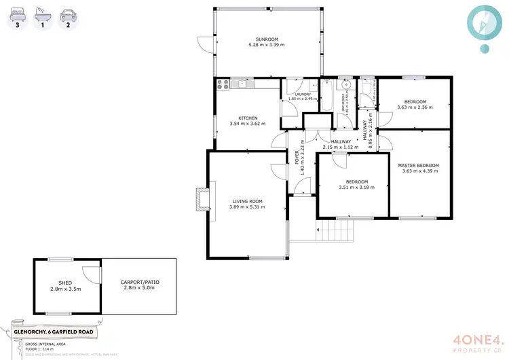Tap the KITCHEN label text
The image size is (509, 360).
247,118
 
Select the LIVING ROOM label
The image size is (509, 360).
247,201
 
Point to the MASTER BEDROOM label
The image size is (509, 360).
419,165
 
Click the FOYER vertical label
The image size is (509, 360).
297,158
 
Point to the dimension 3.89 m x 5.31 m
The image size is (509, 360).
247,207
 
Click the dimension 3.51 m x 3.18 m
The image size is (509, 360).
356,187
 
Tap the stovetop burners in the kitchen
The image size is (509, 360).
223,84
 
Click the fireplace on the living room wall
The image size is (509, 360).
202,198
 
